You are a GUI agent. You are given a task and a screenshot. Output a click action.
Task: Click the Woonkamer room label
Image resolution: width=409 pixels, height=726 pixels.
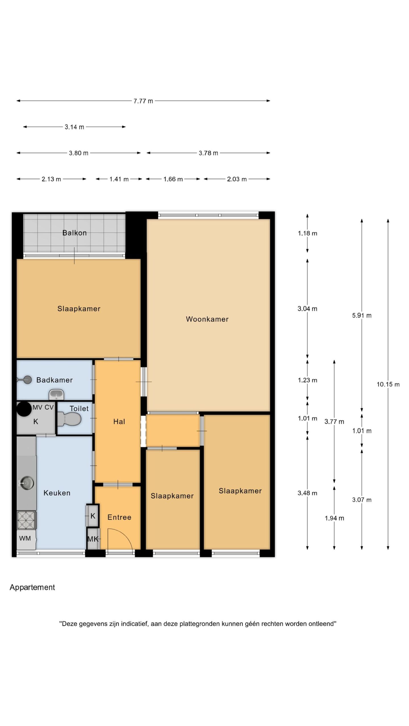(207, 319)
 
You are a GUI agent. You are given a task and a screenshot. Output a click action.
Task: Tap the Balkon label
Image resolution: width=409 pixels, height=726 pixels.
(74, 233)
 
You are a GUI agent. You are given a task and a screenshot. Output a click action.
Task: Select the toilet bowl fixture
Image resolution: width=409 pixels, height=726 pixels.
(69, 419)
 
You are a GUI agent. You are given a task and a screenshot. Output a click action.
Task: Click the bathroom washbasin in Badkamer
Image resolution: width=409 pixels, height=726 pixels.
(57, 394)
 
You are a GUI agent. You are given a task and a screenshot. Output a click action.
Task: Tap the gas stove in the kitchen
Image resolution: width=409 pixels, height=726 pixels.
(26, 520)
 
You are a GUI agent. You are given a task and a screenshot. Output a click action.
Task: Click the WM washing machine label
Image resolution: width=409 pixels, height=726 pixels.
(25, 538)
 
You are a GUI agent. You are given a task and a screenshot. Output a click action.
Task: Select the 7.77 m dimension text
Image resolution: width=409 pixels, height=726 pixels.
(143, 101)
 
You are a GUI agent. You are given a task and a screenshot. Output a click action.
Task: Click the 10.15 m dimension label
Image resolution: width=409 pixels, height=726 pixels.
(388, 384)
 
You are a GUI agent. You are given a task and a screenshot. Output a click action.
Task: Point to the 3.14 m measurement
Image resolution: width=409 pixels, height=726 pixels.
(74, 127)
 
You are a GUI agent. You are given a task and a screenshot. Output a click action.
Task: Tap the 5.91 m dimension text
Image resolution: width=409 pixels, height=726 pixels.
(362, 315)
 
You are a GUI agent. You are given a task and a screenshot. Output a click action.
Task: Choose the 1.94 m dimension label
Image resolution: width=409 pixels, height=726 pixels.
(334, 518)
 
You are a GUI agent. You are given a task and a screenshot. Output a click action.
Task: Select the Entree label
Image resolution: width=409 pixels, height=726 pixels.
(119, 517)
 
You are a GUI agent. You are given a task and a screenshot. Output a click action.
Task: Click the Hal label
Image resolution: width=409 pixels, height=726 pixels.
(119, 422)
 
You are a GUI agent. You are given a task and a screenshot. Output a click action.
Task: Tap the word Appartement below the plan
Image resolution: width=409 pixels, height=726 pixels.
(32, 587)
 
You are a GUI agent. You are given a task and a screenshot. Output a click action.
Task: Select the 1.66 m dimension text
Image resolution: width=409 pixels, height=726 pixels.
(173, 179)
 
